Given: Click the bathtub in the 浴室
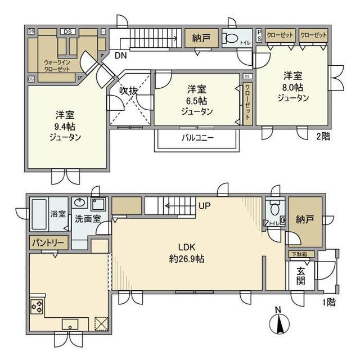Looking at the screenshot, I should [39, 214].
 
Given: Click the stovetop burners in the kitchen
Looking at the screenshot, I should [37, 307].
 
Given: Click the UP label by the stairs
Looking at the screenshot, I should [204, 206].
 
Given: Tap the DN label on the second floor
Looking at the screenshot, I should [120, 55].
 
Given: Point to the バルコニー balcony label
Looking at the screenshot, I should [197, 138].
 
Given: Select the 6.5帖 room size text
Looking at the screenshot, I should [197, 100].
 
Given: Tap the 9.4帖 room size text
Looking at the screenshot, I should [64, 125].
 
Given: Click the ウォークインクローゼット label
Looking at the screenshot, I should [57, 65].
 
